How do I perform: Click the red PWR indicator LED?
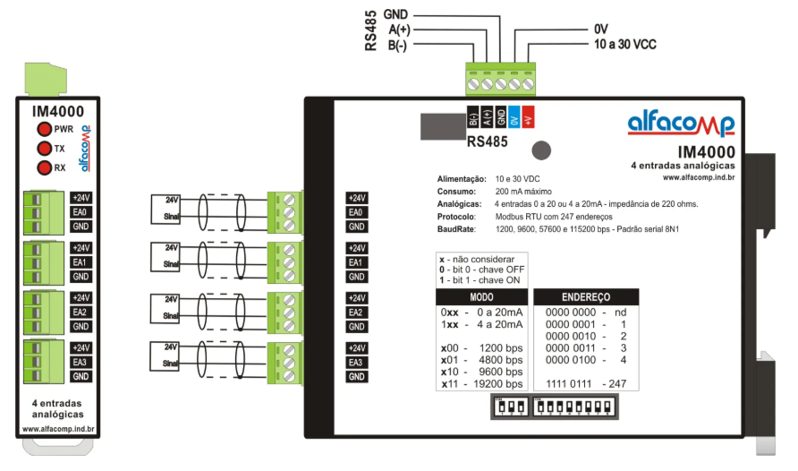[x=43, y=130]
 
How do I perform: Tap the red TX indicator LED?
[x=43, y=149]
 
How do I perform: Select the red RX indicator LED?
[x=43, y=167]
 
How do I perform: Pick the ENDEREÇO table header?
[x=586, y=296]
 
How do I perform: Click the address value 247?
[x=615, y=383]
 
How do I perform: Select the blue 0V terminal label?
[x=514, y=117]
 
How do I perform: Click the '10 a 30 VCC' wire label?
[x=624, y=44]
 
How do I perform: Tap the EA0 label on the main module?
[x=356, y=212]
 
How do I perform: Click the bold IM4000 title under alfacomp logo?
[x=706, y=152]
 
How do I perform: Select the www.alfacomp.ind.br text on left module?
[x=59, y=428]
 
